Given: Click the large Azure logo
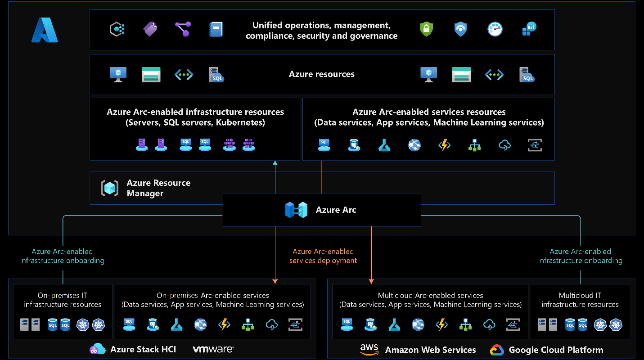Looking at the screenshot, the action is pyautogui.click(x=45, y=30).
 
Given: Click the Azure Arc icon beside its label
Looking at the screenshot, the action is pyautogui.click(x=296, y=210).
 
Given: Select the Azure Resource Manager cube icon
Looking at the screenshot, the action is pyautogui.click(x=110, y=188).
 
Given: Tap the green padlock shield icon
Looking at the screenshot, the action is pyautogui.click(x=426, y=29).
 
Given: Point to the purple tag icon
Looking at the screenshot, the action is pyautogui.click(x=150, y=29).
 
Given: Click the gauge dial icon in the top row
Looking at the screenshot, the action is pyautogui.click(x=495, y=29).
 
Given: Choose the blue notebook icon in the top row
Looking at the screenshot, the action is pyautogui.click(x=216, y=29).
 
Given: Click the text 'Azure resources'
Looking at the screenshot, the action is pyautogui.click(x=321, y=74).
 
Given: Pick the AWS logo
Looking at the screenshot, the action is pyautogui.click(x=369, y=349).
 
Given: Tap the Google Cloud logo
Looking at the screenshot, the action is pyautogui.click(x=497, y=350).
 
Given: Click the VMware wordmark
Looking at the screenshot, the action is pyautogui.click(x=213, y=349).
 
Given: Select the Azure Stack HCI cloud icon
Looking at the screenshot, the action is pyautogui.click(x=98, y=349).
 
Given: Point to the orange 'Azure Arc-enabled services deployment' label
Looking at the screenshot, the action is pyautogui.click(x=323, y=256).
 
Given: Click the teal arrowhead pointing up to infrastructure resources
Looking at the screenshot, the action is pyautogui.click(x=275, y=163).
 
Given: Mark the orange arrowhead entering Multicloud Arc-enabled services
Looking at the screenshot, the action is pyautogui.click(x=371, y=281).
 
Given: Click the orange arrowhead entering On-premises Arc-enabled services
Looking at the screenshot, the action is pyautogui.click(x=275, y=281).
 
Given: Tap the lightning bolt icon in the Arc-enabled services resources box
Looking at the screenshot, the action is pyautogui.click(x=445, y=145).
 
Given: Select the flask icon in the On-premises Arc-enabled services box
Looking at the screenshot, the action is pyautogui.click(x=176, y=324).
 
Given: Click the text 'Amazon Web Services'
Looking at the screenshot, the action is pyautogui.click(x=430, y=350).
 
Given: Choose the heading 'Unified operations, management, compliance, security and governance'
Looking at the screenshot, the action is pyautogui.click(x=321, y=31).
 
